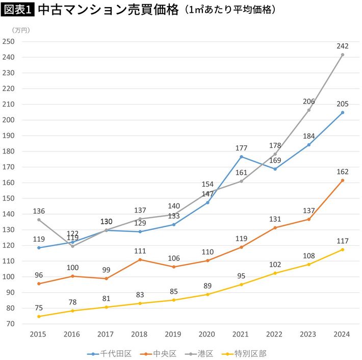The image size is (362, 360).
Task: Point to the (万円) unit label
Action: [x=21, y=31]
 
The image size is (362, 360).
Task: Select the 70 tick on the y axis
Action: [x=10, y=324]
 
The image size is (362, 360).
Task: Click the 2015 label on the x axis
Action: [x=39, y=333]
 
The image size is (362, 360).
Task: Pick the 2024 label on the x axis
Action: [x=343, y=333]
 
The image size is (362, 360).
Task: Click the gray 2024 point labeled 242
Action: [x=343, y=55]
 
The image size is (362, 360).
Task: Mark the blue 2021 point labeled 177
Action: [x=241, y=157]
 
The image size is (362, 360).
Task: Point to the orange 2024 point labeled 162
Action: [x=343, y=180]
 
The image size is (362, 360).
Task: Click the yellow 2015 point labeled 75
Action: [x=39, y=316]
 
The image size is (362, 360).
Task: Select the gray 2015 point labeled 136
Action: [x=39, y=220]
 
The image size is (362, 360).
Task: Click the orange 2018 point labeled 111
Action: [x=140, y=260]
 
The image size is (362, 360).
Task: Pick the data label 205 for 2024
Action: [x=343, y=104]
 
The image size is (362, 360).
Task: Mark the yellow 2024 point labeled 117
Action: [x=343, y=249]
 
